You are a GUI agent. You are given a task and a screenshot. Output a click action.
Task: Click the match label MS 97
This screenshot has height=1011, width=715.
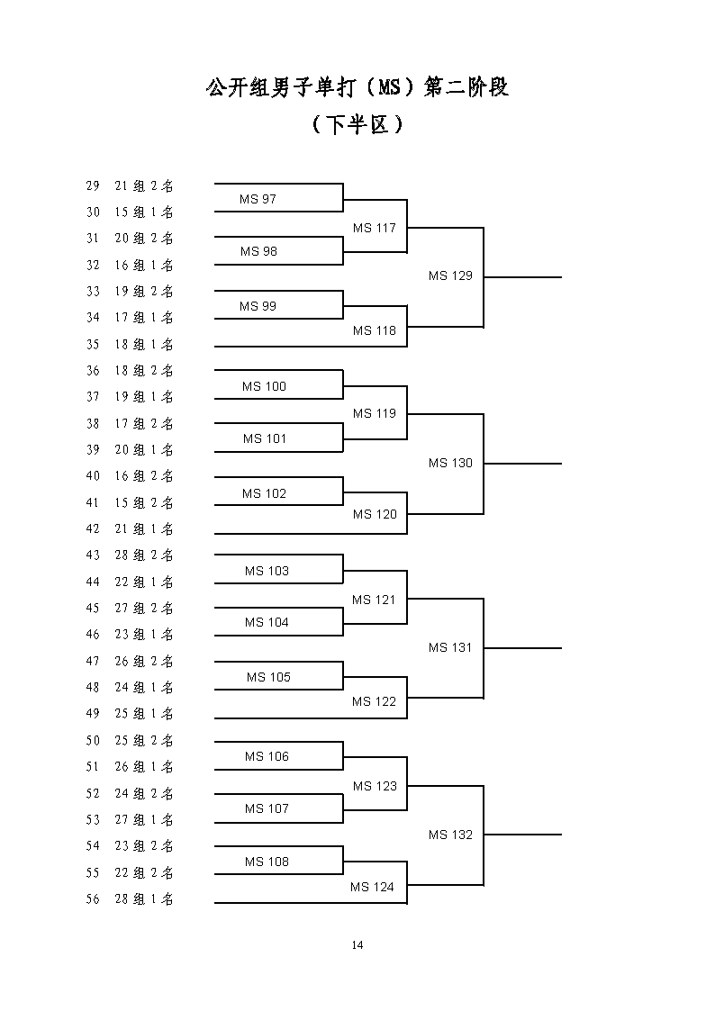(x=258, y=199)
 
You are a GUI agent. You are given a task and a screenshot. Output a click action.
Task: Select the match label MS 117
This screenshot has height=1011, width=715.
(x=375, y=228)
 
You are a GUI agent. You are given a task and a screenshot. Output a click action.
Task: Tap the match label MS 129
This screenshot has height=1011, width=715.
(x=450, y=276)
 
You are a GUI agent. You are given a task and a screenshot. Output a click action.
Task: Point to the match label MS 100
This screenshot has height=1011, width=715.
(x=265, y=386)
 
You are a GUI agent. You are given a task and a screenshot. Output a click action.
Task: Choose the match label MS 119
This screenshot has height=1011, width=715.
(x=375, y=413)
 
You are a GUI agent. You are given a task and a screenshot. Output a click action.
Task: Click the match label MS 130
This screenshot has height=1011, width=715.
(x=450, y=463)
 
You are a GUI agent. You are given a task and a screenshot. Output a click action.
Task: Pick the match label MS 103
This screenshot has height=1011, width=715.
(x=267, y=571)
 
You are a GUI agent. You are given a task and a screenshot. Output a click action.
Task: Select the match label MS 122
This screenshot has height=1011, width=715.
(x=374, y=701)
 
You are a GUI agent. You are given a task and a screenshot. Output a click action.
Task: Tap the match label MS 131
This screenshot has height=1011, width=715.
(x=450, y=647)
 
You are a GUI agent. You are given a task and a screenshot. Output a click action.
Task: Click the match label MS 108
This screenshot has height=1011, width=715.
(x=267, y=862)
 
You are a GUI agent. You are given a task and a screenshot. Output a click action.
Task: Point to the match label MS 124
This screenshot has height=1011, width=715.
(x=372, y=887)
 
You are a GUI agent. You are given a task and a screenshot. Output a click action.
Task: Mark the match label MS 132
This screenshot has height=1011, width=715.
(x=450, y=835)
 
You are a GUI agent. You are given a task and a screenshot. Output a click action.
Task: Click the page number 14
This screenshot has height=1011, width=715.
(x=357, y=945)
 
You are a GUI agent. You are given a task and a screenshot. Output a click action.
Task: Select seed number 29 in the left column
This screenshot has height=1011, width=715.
(x=93, y=185)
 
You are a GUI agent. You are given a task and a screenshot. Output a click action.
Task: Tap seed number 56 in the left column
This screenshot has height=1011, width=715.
(x=93, y=898)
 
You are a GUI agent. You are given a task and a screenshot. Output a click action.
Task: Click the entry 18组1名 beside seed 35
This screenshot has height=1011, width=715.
(x=144, y=344)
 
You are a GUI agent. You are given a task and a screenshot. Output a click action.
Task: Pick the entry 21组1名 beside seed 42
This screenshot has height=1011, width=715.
(x=144, y=528)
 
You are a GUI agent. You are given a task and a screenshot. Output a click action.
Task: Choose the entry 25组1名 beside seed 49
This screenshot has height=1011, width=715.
(x=144, y=714)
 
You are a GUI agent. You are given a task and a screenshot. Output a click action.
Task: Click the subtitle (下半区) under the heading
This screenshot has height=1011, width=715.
(x=357, y=124)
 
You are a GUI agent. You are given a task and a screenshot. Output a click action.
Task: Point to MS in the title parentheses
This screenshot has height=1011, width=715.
(x=389, y=87)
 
